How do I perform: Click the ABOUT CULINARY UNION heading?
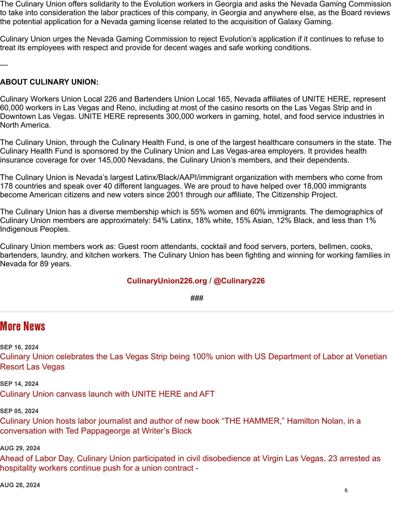tap(49, 82)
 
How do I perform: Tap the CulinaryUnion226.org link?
tap(167, 281)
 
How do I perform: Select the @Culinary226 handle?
tap(239, 281)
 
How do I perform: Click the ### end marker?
tap(197, 298)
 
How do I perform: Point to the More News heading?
tap(23, 326)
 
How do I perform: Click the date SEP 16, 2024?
tap(19, 347)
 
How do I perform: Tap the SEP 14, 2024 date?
tap(19, 384)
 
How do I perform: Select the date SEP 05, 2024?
tap(19, 411)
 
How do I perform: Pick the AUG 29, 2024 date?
tap(20, 448)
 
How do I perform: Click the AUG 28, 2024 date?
tap(20, 485)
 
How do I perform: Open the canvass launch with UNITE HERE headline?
tap(107, 394)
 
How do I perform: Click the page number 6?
tap(346, 490)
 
